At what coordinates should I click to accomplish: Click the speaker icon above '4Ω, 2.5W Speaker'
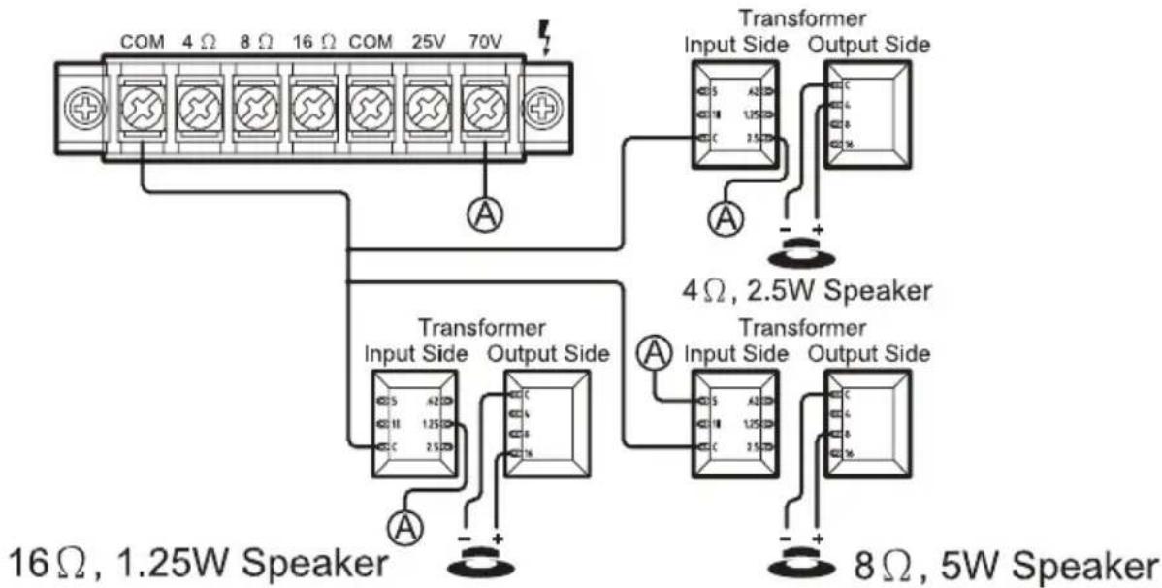tap(802, 254)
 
